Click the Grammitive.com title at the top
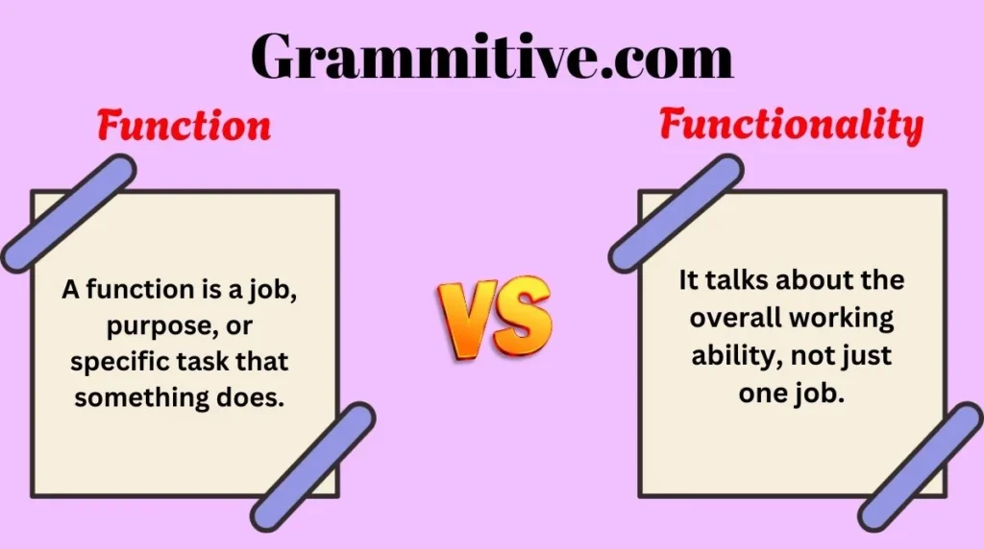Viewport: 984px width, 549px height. [x=492, y=56]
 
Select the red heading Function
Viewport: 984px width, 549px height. [x=184, y=127]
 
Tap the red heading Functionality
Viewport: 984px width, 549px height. [x=791, y=126]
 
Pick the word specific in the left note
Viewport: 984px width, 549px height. [x=116, y=363]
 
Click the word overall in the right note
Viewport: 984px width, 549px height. [x=730, y=318]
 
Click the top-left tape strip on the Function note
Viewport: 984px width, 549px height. [x=67, y=213]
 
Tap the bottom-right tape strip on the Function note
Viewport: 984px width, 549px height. [x=313, y=466]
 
